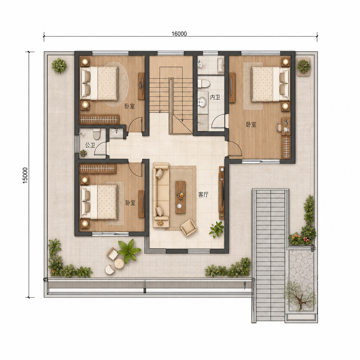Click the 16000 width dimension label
[x=179, y=34]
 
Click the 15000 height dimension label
[x=25, y=175]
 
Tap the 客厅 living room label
[x=203, y=195]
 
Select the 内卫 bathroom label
[x=215, y=97]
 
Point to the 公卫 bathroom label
[x=90, y=145]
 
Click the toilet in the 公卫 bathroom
[x=97, y=134]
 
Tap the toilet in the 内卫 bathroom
[x=204, y=84]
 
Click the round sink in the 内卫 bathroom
[x=202, y=102]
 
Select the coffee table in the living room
[x=180, y=197]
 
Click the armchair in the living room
[x=188, y=227]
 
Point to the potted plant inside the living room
[x=216, y=229]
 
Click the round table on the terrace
[x=119, y=263]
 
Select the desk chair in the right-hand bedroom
[x=279, y=127]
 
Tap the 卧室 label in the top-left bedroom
[x=130, y=106]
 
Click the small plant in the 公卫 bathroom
[x=83, y=153]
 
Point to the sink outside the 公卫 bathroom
[x=116, y=133]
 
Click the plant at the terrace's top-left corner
[x=59, y=65]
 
